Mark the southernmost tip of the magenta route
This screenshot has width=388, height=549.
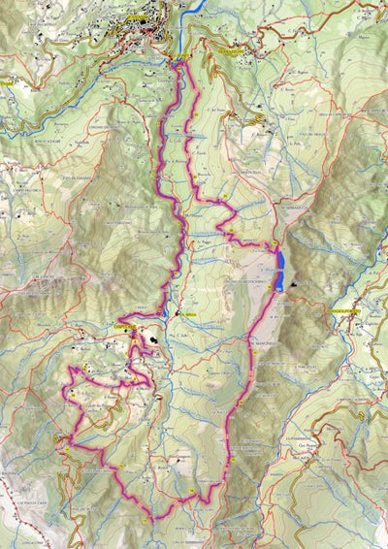coord(152,521)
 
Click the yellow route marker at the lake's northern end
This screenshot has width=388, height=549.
coord(275,243)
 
